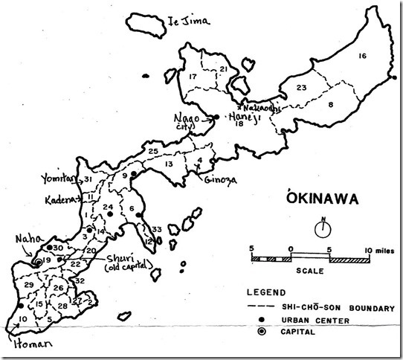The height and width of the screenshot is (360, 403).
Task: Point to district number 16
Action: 363,57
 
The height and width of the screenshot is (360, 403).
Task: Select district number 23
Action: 302,89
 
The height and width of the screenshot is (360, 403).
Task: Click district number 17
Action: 192,77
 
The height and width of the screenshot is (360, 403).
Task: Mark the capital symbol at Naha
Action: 36,261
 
